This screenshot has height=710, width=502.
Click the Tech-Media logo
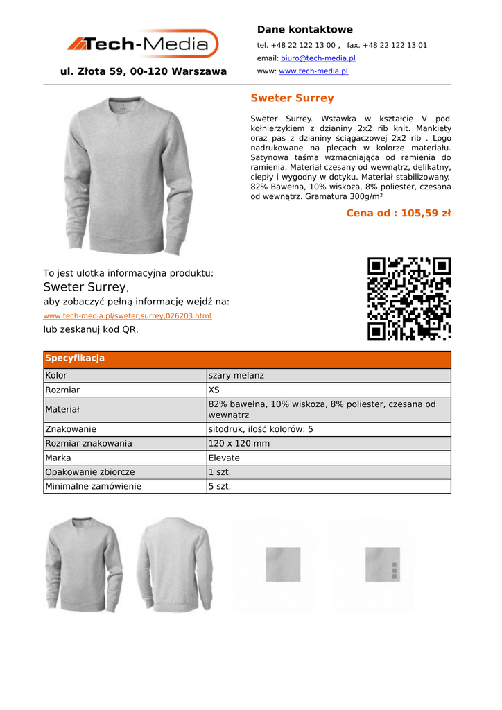143,44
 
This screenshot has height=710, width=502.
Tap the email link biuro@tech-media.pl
318,58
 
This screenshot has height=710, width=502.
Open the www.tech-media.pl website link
313,71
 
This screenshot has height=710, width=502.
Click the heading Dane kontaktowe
304,29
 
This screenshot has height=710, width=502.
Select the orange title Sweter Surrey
292,98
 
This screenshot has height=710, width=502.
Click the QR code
409,299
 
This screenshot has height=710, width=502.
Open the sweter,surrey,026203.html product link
128,315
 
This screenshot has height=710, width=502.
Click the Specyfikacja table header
75,358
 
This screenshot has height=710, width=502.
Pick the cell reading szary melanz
236,376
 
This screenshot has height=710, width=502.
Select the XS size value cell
214,390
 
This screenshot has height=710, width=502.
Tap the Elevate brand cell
224,458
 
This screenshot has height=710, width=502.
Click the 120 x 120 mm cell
239,443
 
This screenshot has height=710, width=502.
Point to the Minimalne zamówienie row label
93,486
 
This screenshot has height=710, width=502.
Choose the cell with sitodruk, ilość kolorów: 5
261,429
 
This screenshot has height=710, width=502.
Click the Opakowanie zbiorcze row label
90,472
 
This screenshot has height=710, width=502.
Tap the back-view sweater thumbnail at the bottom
174,564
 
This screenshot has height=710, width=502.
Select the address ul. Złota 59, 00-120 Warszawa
144,71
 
